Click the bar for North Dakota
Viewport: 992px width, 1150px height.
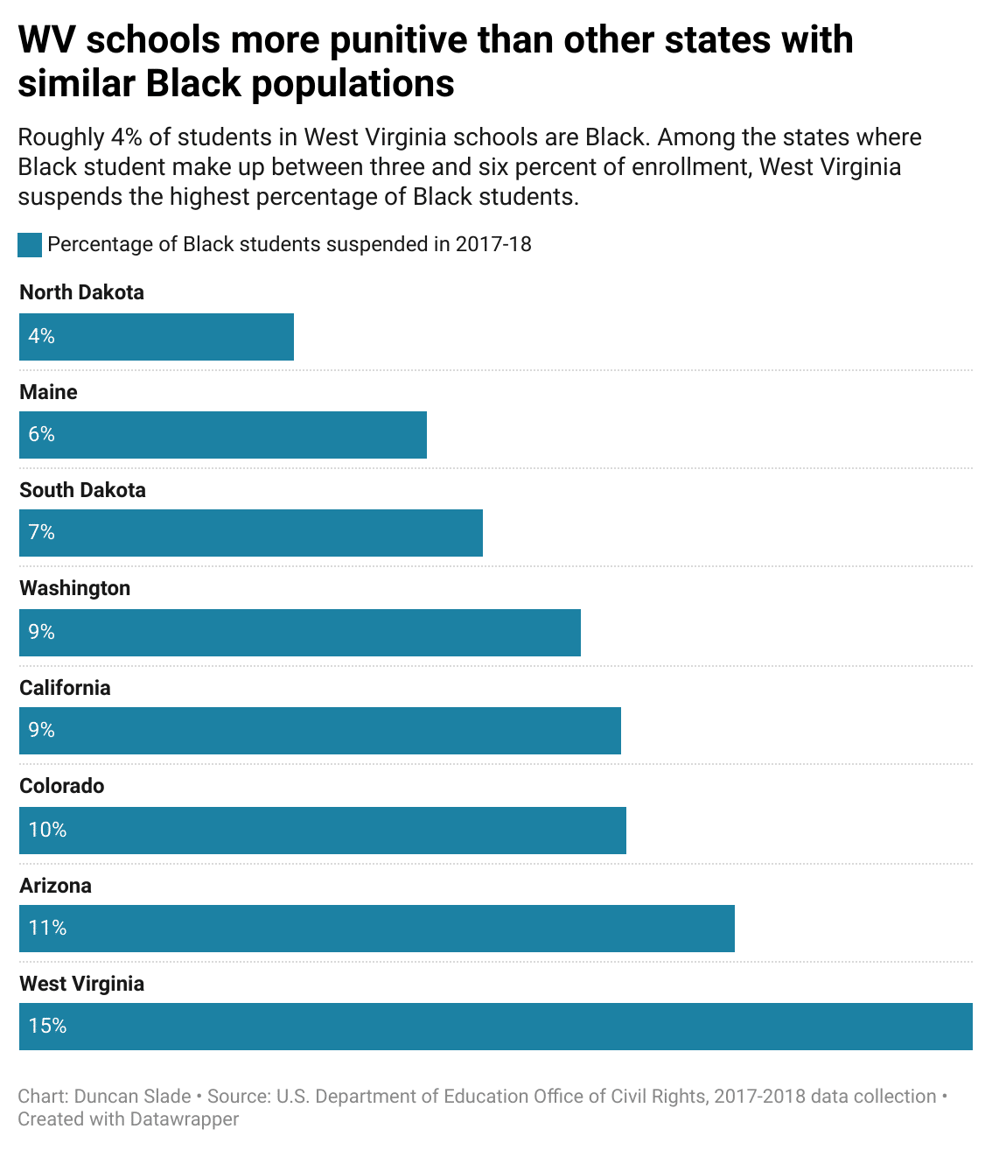tap(157, 337)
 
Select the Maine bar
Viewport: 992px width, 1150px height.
tap(223, 435)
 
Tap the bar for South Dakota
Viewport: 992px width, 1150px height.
tap(251, 533)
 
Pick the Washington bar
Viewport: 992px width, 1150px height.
tap(300, 632)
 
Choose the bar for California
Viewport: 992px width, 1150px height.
tap(320, 731)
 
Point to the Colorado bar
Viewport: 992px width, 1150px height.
tap(323, 830)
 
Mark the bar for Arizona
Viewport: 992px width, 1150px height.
tap(377, 929)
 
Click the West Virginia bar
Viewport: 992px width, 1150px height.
tap(496, 1027)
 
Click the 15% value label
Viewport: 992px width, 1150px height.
tap(47, 1026)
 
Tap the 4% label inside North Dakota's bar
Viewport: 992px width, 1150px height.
tap(41, 336)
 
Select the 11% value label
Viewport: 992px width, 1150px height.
tap(47, 928)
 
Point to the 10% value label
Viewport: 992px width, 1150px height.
tap(47, 830)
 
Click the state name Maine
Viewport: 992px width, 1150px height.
tap(48, 392)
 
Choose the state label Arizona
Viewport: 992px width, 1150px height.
tap(55, 886)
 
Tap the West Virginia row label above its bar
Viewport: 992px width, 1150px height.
tap(81, 984)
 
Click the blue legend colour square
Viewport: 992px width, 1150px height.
tap(30, 245)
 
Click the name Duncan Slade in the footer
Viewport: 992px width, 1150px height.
tap(132, 1097)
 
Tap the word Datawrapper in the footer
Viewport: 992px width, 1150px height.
tap(184, 1119)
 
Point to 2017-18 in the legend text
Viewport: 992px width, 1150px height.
tap(493, 244)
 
